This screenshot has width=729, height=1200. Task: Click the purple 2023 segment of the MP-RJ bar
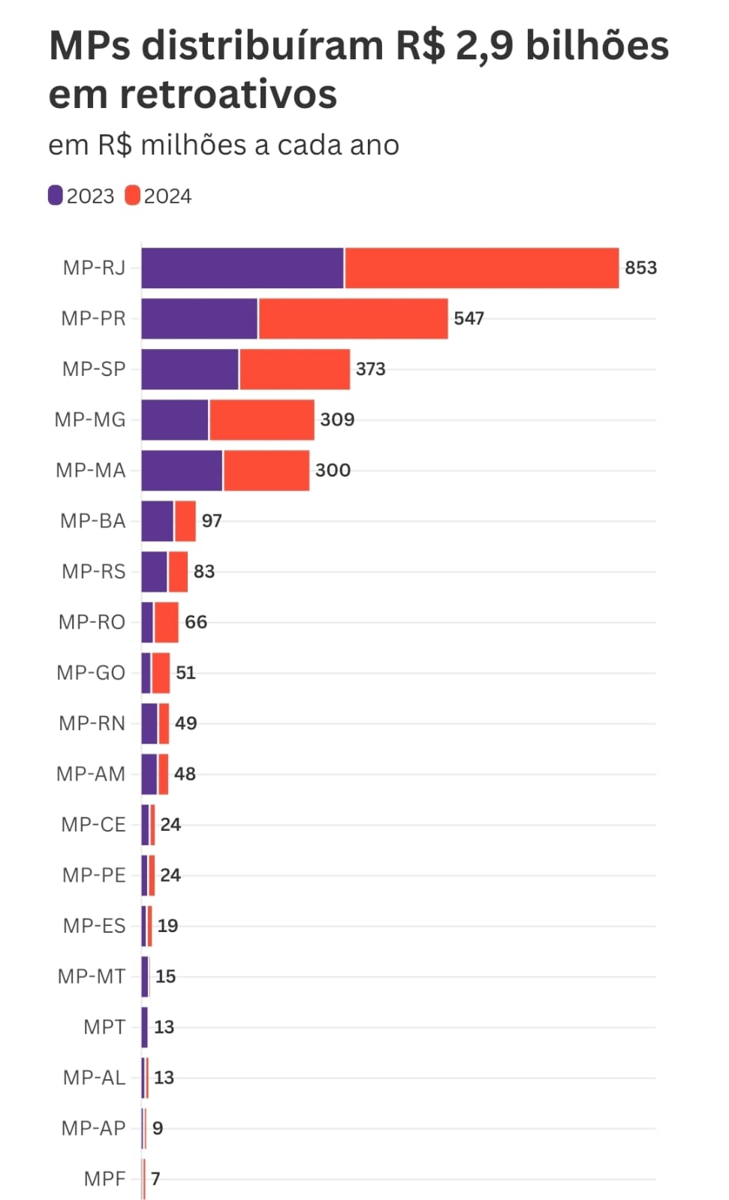coord(242,268)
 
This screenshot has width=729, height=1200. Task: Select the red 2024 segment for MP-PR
coord(353,318)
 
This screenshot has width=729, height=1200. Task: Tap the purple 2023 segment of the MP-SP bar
coord(189,369)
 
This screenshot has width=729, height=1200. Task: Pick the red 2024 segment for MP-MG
coord(261,420)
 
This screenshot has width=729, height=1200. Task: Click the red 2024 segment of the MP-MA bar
coord(267,471)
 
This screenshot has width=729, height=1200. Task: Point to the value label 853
coord(640,268)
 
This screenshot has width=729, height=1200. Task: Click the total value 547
coord(468,318)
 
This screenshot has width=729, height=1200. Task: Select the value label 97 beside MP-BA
coord(212,521)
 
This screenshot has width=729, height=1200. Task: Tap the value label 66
coord(196,622)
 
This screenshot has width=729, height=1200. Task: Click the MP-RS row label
coord(94,572)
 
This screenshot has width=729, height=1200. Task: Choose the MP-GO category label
coord(91,672)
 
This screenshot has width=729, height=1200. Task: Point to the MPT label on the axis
coord(104,1027)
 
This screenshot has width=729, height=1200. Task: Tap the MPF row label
coord(104,1179)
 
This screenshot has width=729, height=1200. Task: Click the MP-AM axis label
coord(91,774)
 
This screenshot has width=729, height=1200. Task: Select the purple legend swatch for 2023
coord(56,196)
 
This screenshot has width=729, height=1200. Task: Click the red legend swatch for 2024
coord(133,196)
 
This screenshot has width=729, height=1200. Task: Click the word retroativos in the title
coord(228,95)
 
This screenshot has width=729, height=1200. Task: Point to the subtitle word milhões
coord(193,145)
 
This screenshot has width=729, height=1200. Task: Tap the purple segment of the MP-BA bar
coord(157,521)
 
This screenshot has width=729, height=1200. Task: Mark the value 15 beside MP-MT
coord(165,976)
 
